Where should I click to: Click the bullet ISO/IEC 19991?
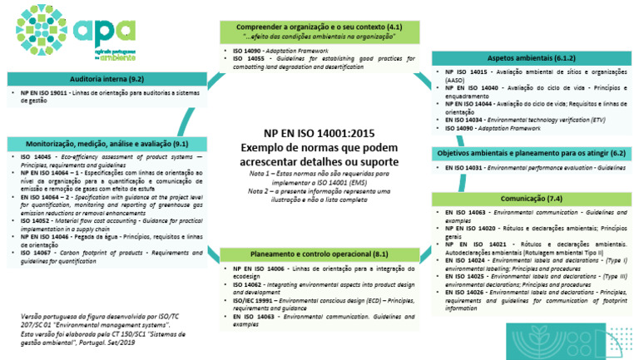pos(322,300)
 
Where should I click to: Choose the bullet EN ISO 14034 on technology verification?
pos(532,121)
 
